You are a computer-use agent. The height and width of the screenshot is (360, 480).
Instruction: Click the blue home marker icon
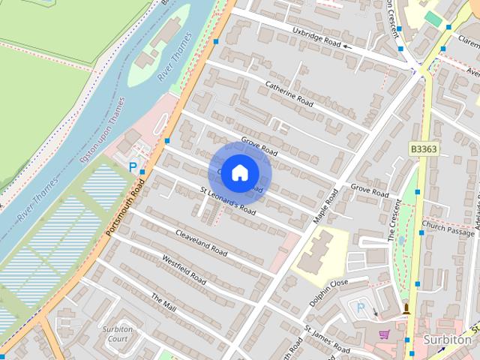238,172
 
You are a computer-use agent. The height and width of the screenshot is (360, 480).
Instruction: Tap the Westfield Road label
183,268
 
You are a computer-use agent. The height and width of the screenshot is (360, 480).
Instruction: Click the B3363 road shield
423,149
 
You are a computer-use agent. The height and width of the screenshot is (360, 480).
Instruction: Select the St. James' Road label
327,340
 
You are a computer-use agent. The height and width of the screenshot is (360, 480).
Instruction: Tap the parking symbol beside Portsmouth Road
133,167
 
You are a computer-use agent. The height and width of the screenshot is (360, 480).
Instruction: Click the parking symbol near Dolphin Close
361,308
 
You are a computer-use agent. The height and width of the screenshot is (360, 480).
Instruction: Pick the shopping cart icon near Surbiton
385,334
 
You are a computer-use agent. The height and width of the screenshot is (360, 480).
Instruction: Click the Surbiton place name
447,339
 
